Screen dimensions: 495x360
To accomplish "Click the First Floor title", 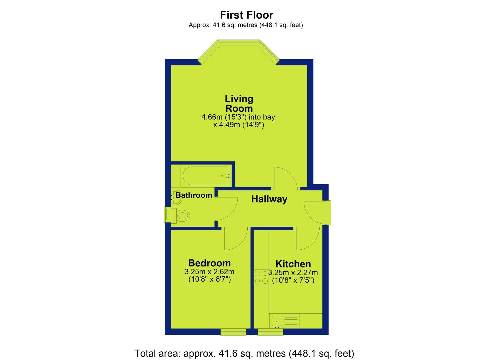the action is coord(247,15).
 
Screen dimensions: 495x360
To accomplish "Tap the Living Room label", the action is coord(239,103).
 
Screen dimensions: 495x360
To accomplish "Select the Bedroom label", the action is coord(209,263).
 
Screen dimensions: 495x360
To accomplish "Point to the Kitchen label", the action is coord(293,264).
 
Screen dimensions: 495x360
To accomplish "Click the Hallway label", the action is coord(269,199).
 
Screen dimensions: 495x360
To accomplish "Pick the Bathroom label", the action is coord(194,195).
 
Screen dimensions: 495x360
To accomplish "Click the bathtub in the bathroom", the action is coord(206,176).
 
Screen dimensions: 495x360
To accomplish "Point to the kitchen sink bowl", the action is coord(277,322).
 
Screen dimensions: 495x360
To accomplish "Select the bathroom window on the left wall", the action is coord(167,215).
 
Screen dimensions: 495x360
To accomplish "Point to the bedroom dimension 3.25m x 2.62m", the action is coord(209,271).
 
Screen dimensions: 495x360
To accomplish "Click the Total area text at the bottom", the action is coord(244,353).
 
